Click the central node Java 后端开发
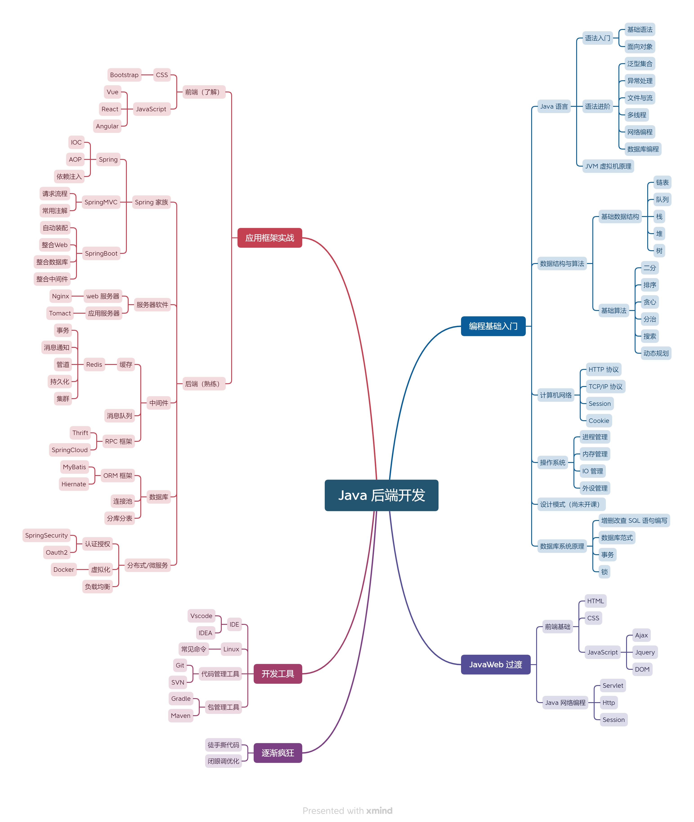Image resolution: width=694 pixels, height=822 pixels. pyautogui.click(x=381, y=495)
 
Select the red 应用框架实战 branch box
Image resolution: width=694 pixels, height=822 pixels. pyautogui.click(x=269, y=238)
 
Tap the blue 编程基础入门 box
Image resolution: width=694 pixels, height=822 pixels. pyautogui.click(x=493, y=326)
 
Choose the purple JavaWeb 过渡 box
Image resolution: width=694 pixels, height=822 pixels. pyautogui.click(x=495, y=664)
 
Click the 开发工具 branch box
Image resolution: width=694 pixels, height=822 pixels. pyautogui.click(x=278, y=674)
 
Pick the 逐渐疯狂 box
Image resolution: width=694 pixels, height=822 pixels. pyautogui.click(x=278, y=753)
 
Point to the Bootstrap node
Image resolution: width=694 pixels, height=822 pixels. pyautogui.click(x=124, y=75)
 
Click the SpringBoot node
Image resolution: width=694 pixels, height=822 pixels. pyautogui.click(x=101, y=253)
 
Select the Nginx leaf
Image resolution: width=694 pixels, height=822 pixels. pyautogui.click(x=60, y=296)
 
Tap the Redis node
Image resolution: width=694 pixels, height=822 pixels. pyautogui.click(x=94, y=365)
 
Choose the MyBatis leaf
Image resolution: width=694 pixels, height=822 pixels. pyautogui.click(x=74, y=467)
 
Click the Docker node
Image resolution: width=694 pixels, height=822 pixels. pyautogui.click(x=63, y=570)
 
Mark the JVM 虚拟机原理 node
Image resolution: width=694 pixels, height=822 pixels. pyautogui.click(x=608, y=166)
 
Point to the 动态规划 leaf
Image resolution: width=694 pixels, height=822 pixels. pyautogui.click(x=656, y=353)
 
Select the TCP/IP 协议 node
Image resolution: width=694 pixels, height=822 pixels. pyautogui.click(x=605, y=387)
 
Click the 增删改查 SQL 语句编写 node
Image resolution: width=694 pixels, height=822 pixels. pyautogui.click(x=634, y=520)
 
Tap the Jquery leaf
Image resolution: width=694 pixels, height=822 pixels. pyautogui.click(x=645, y=652)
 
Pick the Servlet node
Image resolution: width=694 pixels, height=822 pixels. pyautogui.click(x=613, y=686)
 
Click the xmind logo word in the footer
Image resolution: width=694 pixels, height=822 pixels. pyautogui.click(x=379, y=811)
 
